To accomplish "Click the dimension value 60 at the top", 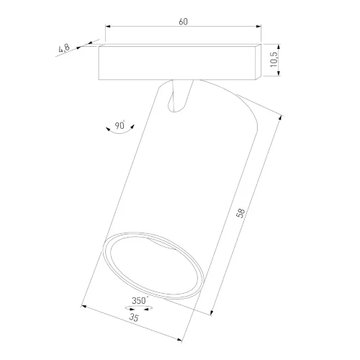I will (x=184, y=22).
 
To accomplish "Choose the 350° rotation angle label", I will (x=140, y=300).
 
